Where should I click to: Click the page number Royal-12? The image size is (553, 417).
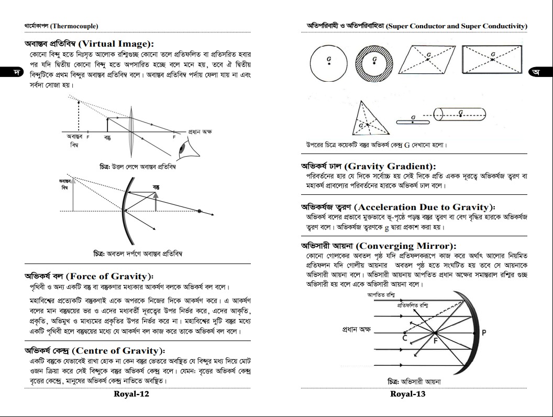pyautogui.click(x=131, y=394)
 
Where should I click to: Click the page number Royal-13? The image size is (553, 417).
pyautogui.click(x=408, y=394)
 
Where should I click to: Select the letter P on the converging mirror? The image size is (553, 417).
pyautogui.click(x=484, y=333)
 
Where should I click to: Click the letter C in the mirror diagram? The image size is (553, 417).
pyautogui.click(x=405, y=338)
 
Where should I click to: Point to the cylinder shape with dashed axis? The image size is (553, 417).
pyautogui.click(x=460, y=114)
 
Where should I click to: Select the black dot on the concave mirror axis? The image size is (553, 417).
pyautogui.click(x=199, y=211)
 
